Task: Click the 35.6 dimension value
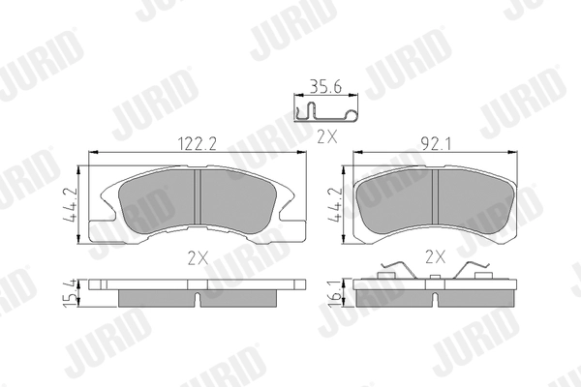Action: pyautogui.click(x=325, y=87)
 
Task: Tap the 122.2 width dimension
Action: pyautogui.click(x=198, y=144)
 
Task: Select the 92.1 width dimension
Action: pyautogui.click(x=436, y=144)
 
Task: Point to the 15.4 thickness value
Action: pyautogui.click(x=70, y=293)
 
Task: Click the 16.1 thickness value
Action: pyautogui.click(x=336, y=293)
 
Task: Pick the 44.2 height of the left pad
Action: pyautogui.click(x=70, y=205)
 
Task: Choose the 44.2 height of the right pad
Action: pyautogui.click(x=336, y=205)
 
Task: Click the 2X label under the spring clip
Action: pyautogui.click(x=327, y=137)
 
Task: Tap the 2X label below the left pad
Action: pyautogui.click(x=198, y=258)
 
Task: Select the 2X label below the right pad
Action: pyautogui.click(x=435, y=256)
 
